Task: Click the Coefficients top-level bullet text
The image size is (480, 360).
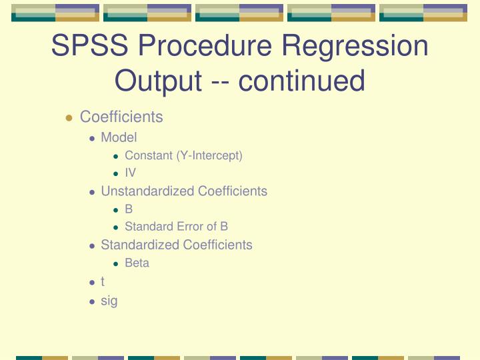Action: click(121, 117)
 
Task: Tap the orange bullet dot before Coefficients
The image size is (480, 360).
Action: click(69, 118)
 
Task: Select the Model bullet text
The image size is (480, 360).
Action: click(118, 137)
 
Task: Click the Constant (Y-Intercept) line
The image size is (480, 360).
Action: click(183, 155)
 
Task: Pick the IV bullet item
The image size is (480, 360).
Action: click(130, 173)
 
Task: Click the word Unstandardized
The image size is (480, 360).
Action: click(140, 191)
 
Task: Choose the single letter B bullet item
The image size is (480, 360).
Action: click(129, 209)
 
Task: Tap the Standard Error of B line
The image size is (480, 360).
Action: click(176, 226)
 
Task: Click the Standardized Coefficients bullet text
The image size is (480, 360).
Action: click(176, 245)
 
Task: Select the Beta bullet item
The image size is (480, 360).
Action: click(137, 263)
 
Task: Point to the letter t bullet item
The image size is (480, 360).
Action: click(103, 282)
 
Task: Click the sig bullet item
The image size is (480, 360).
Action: click(109, 301)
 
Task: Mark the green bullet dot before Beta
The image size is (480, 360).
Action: click(115, 263)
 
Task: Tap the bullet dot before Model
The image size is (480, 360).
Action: click(92, 138)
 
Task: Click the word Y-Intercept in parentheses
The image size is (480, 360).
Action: click(209, 155)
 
